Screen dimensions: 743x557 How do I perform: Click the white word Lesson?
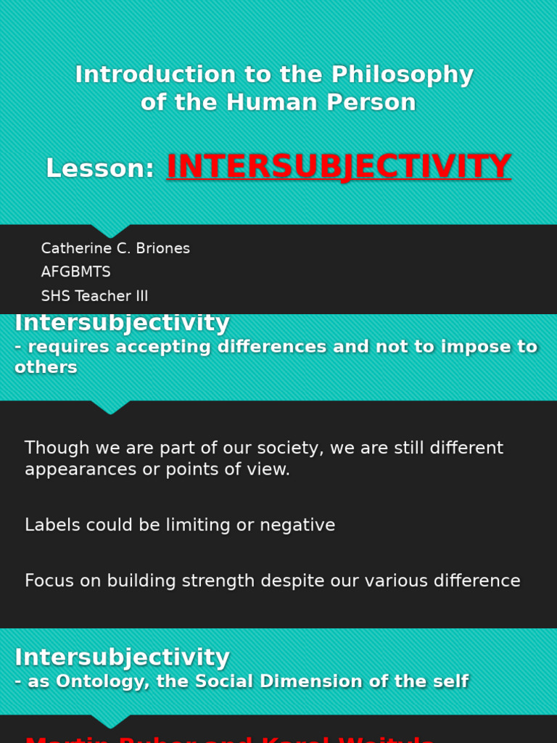[100, 169]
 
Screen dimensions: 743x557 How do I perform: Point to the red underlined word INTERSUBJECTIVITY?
[339, 167]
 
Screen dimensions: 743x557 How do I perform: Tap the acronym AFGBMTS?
[76, 272]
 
